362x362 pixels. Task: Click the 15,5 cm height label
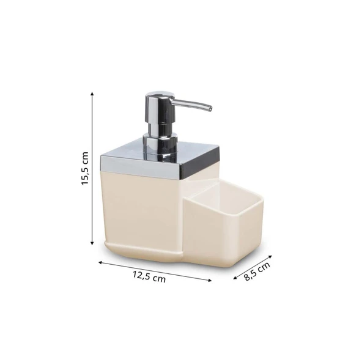tap(85, 168)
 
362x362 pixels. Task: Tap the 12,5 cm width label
tap(149, 276)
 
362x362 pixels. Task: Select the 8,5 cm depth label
tap(257, 270)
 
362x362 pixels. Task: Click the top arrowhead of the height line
tap(92, 94)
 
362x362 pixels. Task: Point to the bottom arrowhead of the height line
tap(92, 243)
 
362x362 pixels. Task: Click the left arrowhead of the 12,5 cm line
tap(100, 262)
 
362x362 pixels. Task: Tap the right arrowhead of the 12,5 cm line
tap(210, 280)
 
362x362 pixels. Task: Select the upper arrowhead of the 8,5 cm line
tap(270, 256)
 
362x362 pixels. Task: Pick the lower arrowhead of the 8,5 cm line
tap(235, 278)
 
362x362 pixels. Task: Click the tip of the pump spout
tap(210, 108)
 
